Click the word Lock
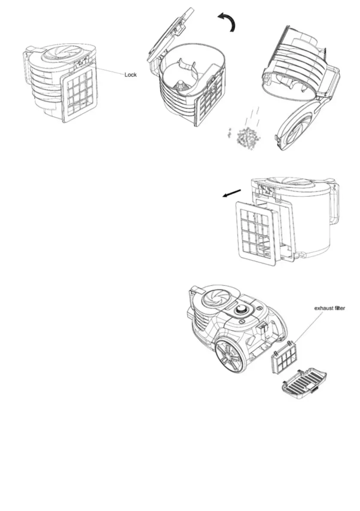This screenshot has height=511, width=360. click(130, 75)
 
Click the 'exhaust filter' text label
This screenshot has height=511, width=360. click(330, 308)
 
